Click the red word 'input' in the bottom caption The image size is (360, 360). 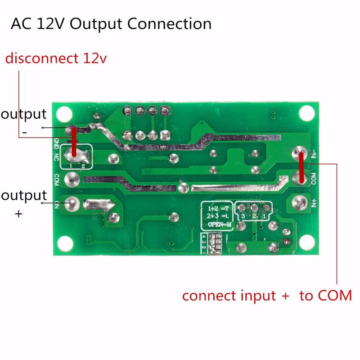pyautogui.click(x=250, y=296)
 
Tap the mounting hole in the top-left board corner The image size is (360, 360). pyautogui.click(x=63, y=112)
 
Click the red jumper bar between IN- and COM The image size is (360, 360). pyautogui.click(x=300, y=168)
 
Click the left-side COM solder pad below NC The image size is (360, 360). pyautogui.click(x=71, y=179)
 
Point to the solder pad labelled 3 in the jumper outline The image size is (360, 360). pyautogui.click(x=243, y=208)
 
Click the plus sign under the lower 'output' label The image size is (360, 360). pyautogui.click(x=18, y=214)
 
